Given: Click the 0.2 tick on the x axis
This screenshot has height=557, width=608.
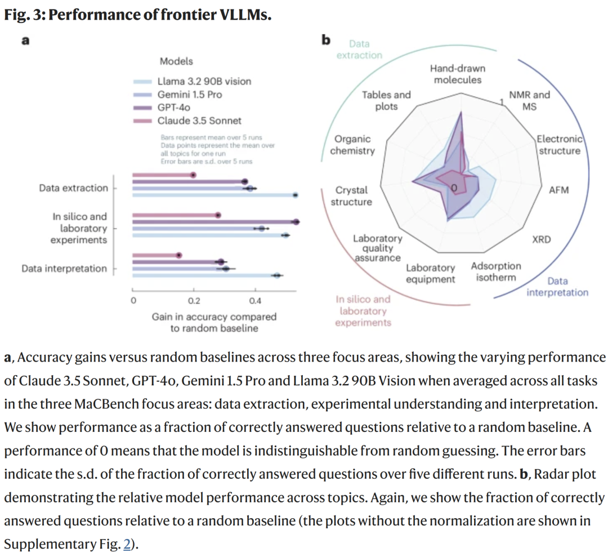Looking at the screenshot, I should coord(194,301).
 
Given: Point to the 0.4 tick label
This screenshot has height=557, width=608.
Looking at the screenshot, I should coord(255,301).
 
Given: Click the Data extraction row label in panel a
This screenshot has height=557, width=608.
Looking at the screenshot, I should coord(73,188).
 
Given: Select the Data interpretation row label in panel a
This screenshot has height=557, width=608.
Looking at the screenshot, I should coord(64,269).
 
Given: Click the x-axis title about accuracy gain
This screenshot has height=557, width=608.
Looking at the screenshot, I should coord(214,322).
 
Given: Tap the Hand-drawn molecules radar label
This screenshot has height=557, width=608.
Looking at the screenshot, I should coord(457,74).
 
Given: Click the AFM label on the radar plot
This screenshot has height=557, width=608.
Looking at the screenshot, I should coord(558,190).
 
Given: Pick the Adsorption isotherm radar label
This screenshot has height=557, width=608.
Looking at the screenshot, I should coord(495,271).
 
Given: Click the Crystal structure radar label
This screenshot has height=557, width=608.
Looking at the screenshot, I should coord(351,196).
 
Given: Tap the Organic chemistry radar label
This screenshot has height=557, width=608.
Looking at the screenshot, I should coord(352,145).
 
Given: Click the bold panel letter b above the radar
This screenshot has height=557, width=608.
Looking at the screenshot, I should coord(325,40).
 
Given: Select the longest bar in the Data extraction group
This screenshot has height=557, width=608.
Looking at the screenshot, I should coord(214,195).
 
